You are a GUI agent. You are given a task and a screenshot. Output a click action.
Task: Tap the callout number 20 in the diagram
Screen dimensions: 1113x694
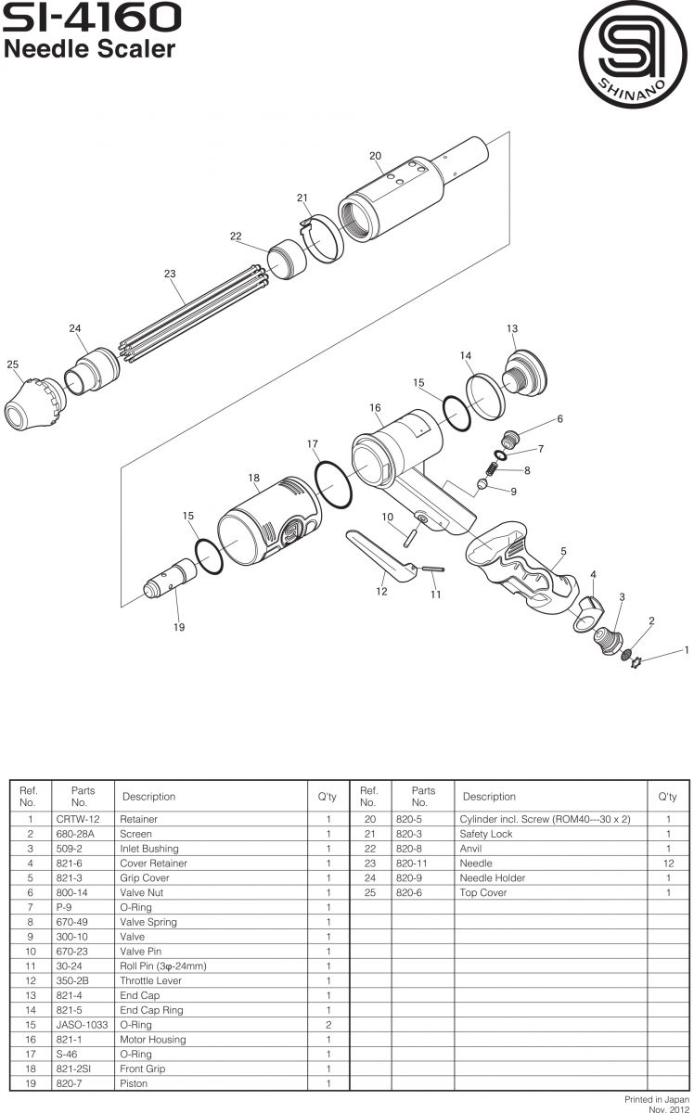click(x=375, y=156)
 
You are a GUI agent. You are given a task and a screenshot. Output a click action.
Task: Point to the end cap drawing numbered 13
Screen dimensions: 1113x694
click(x=523, y=375)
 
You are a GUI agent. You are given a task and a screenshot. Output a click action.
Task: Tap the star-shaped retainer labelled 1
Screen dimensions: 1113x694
click(x=637, y=659)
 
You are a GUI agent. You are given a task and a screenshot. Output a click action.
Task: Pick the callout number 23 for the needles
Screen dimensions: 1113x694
click(x=170, y=274)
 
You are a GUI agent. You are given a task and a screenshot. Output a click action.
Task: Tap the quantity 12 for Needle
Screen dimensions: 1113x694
click(x=668, y=863)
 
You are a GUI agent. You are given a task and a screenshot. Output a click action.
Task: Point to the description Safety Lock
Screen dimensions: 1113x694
click(x=486, y=834)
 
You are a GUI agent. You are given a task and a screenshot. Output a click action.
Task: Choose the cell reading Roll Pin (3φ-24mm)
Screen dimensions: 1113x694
click(x=163, y=966)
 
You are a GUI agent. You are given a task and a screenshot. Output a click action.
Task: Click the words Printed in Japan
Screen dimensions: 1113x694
click(x=656, y=1097)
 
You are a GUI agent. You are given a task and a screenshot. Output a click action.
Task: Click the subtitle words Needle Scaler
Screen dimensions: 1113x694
click(x=90, y=49)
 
